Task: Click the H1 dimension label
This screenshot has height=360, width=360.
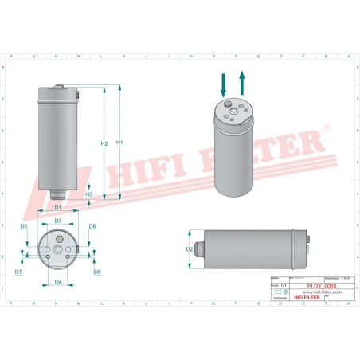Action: click(x=120, y=142)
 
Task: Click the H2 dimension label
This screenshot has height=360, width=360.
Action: click(x=104, y=143)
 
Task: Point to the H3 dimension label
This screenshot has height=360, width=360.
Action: click(x=89, y=194)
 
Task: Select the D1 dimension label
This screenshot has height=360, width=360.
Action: click(x=58, y=209)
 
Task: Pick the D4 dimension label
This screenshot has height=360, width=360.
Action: click(x=58, y=281)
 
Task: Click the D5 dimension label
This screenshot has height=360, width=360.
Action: click(x=24, y=227)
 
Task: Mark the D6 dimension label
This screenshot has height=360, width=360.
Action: click(x=92, y=227)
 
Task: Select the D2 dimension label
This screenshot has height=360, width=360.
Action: click(x=190, y=248)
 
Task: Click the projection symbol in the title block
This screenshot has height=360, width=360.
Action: click(x=276, y=292)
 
